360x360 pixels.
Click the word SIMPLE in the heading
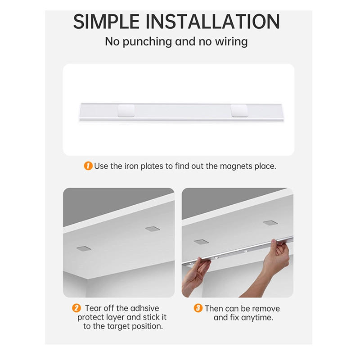[x=106, y=21]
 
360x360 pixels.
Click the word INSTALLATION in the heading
[x=213, y=21]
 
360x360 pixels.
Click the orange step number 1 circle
[x=88, y=166]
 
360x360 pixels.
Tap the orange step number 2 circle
[x=76, y=308]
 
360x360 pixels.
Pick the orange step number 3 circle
[x=198, y=308]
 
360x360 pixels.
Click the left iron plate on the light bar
[x=126, y=111]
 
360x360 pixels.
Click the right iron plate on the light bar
[x=239, y=111]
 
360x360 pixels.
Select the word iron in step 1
[x=131, y=166]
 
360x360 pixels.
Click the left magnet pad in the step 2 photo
[x=84, y=248]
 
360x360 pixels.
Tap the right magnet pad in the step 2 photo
[x=153, y=229]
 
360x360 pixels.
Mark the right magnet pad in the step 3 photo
[x=270, y=223]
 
